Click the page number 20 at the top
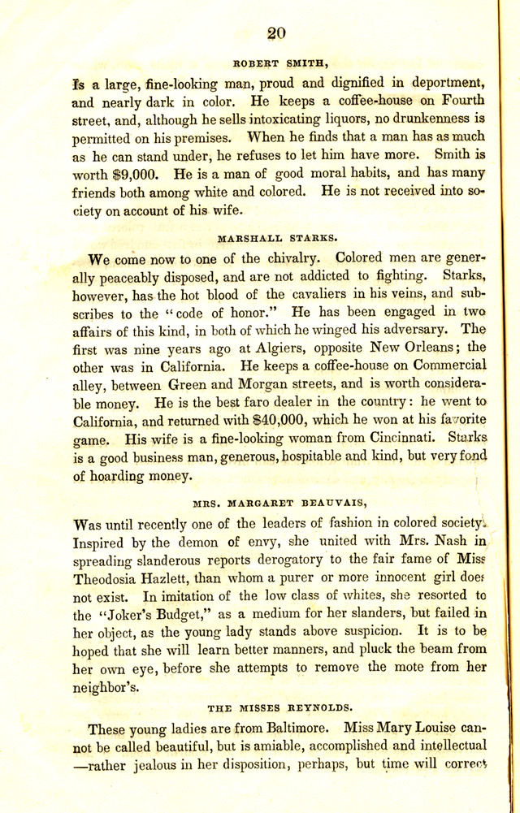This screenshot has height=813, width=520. click(276, 32)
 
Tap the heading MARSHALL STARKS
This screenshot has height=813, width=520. click(278, 239)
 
